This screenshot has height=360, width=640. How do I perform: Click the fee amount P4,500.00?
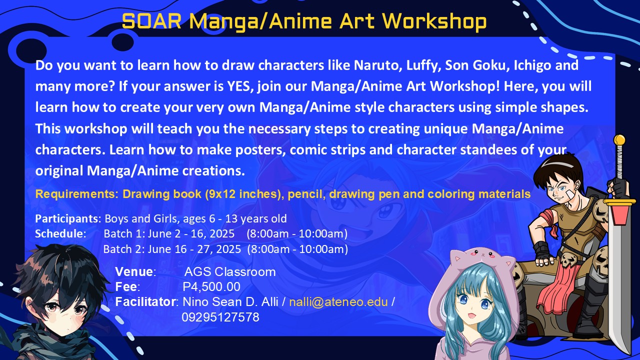[x=211, y=287]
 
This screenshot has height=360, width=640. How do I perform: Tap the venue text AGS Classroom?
[x=230, y=272]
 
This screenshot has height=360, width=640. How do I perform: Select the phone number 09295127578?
[x=220, y=317]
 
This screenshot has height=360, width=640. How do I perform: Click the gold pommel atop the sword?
[x=619, y=140]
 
